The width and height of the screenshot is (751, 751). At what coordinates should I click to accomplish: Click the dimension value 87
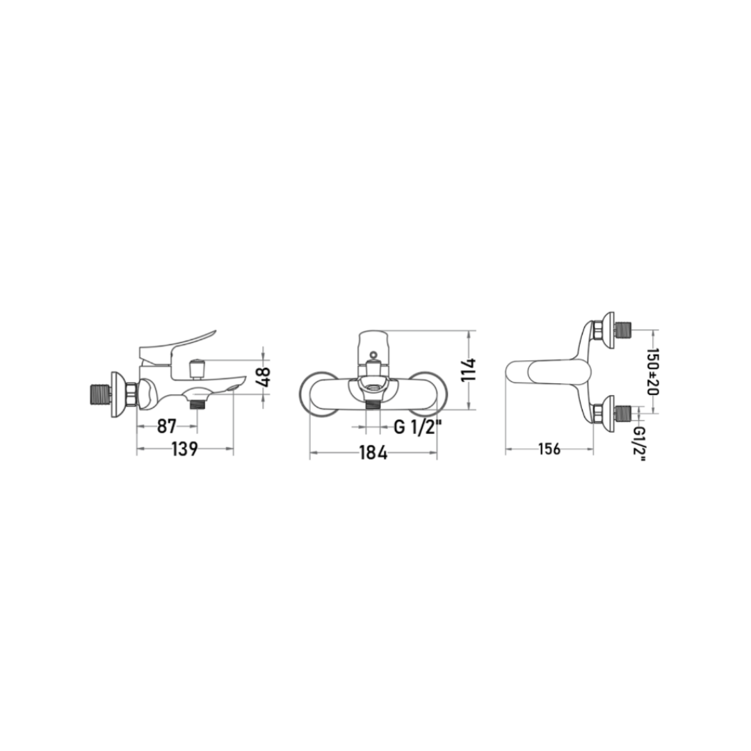167,426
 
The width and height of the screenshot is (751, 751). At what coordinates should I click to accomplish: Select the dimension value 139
184,449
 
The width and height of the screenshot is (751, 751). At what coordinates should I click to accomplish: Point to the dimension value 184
373,452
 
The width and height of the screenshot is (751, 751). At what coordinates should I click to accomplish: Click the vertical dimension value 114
468,370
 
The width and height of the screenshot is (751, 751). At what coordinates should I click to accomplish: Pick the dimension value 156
549,449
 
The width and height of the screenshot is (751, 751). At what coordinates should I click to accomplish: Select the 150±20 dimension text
652,371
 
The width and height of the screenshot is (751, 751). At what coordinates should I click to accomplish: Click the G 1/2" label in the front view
414,426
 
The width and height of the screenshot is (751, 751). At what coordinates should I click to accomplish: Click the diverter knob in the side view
196,367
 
